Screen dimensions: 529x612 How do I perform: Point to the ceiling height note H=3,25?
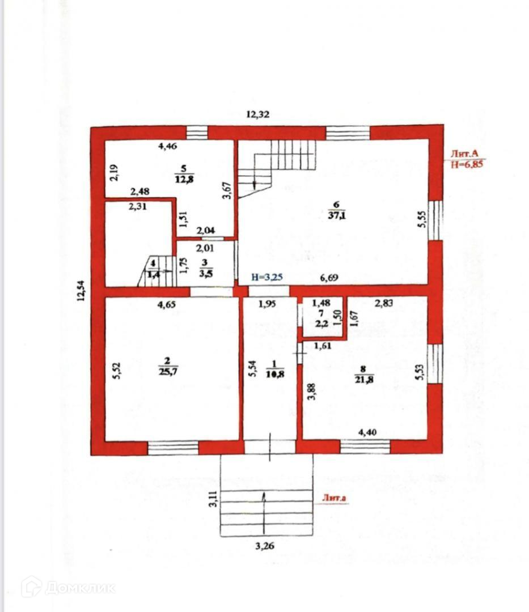[267, 278]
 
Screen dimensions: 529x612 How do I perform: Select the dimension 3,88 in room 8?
[311, 392]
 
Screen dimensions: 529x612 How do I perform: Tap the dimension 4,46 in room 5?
[168, 147]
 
